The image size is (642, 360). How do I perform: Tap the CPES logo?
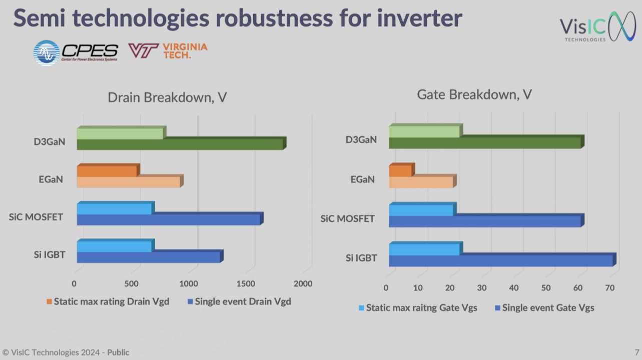point(76,53)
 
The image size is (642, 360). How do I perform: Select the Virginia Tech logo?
point(168,51)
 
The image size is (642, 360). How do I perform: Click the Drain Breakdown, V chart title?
point(167,97)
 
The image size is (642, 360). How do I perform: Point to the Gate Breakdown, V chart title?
point(474,94)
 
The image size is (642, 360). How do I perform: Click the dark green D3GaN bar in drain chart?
point(180,145)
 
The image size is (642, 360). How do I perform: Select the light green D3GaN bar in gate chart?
point(424,132)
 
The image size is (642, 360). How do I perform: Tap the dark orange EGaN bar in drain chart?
point(107,171)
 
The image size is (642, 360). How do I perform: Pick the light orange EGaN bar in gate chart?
point(421,182)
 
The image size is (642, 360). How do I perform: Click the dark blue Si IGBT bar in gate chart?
point(500,261)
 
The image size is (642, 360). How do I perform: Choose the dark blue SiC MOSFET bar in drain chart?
point(169,219)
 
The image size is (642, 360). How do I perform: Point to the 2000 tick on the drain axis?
point(303,284)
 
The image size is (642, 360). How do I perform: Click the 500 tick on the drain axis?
point(131,284)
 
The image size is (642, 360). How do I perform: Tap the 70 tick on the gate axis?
point(609,288)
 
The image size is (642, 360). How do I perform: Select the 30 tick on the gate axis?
point(481,288)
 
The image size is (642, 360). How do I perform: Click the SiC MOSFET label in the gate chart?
point(347,219)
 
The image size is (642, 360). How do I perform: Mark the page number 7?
point(636,352)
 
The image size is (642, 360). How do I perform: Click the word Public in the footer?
point(118,352)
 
